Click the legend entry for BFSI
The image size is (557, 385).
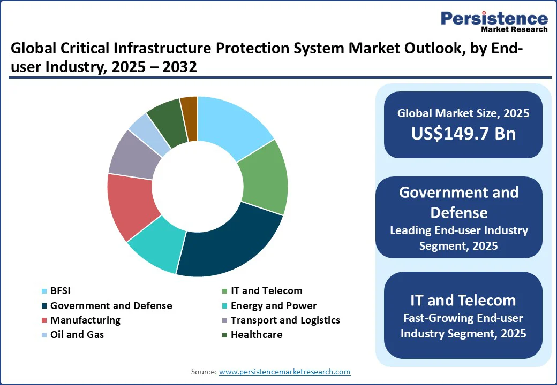click(60, 291)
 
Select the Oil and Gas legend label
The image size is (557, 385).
click(77, 335)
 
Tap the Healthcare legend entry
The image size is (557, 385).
click(256, 335)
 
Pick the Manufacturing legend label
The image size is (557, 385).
click(85, 320)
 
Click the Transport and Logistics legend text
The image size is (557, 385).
click(285, 320)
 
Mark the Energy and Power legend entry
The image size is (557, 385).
click(273, 306)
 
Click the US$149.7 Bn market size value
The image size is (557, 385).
click(463, 133)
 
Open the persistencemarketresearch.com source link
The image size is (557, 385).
click(284, 372)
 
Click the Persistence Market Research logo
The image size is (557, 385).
click(494, 22)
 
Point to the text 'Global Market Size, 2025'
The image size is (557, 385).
click(463, 113)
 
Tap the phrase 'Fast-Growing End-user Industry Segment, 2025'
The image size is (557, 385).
click(463, 326)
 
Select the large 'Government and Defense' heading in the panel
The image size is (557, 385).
click(459, 202)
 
